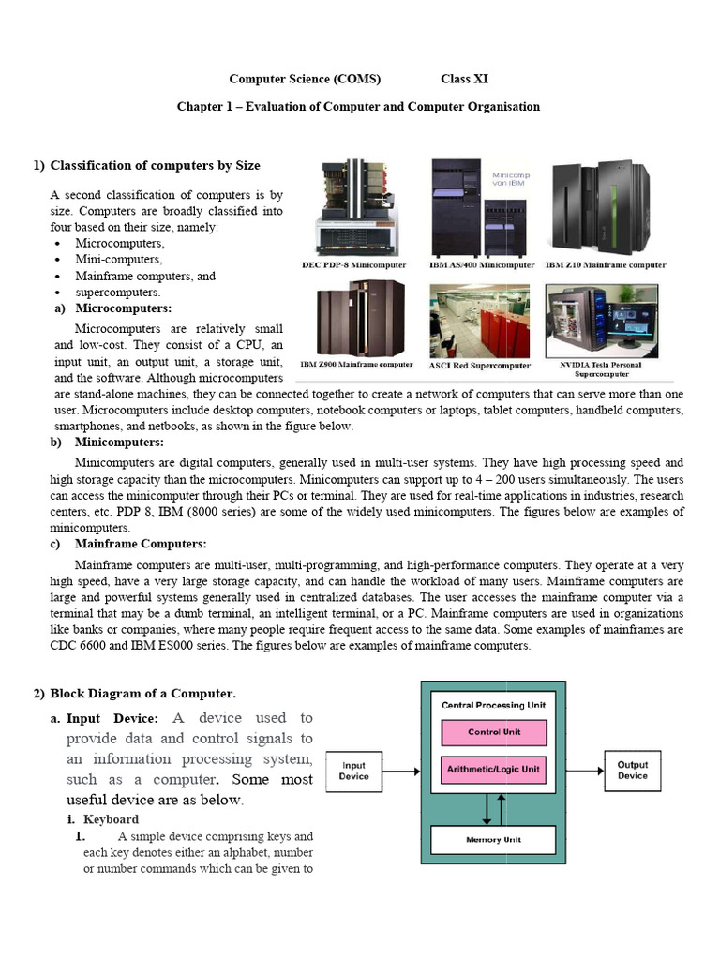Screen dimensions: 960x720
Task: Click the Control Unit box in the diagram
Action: click(x=493, y=732)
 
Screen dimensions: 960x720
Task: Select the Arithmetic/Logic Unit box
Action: click(x=493, y=770)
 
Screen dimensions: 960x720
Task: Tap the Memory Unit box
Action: click(x=493, y=839)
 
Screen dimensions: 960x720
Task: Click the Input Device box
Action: click(x=353, y=771)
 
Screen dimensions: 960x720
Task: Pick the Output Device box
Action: click(x=632, y=771)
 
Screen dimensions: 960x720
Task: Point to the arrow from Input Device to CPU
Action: click(x=401, y=772)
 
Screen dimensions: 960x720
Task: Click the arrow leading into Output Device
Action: click(x=584, y=772)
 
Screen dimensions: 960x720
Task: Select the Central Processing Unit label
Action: click(x=493, y=704)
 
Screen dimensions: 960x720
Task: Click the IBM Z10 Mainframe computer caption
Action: click(x=606, y=265)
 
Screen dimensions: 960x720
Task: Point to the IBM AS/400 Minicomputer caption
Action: click(x=482, y=265)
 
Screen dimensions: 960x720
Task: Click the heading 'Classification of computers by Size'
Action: click(x=155, y=166)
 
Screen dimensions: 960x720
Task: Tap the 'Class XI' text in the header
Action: click(x=464, y=80)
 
